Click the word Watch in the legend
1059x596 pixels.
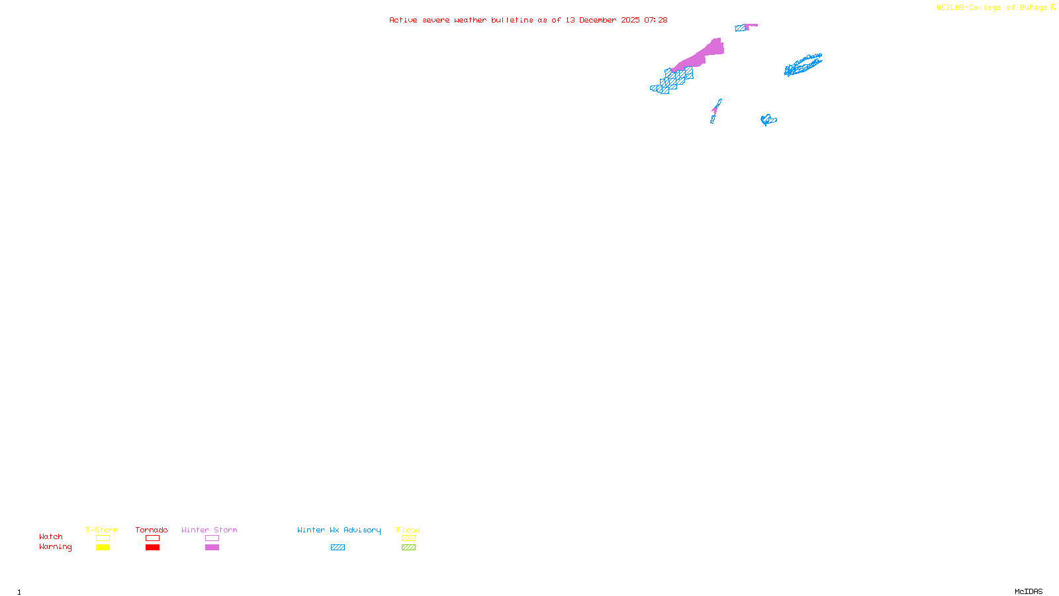tap(51, 537)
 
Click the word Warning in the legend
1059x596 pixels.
tap(56, 547)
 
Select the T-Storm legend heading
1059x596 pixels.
tap(102, 530)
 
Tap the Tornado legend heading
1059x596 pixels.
tap(152, 530)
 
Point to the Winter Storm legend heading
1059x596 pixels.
tap(209, 530)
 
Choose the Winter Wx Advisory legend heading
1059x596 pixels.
tap(339, 530)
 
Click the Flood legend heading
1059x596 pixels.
tap(408, 530)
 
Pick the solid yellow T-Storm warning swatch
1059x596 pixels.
tap(103, 548)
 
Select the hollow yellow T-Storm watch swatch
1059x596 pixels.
tap(103, 538)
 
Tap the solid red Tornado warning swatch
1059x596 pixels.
tap(153, 548)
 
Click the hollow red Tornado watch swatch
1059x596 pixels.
tap(153, 538)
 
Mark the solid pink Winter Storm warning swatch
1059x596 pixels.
tap(212, 548)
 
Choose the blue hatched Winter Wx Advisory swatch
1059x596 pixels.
tap(338, 548)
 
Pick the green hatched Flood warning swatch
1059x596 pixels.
tap(408, 548)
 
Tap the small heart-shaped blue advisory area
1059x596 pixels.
tap(768, 120)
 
